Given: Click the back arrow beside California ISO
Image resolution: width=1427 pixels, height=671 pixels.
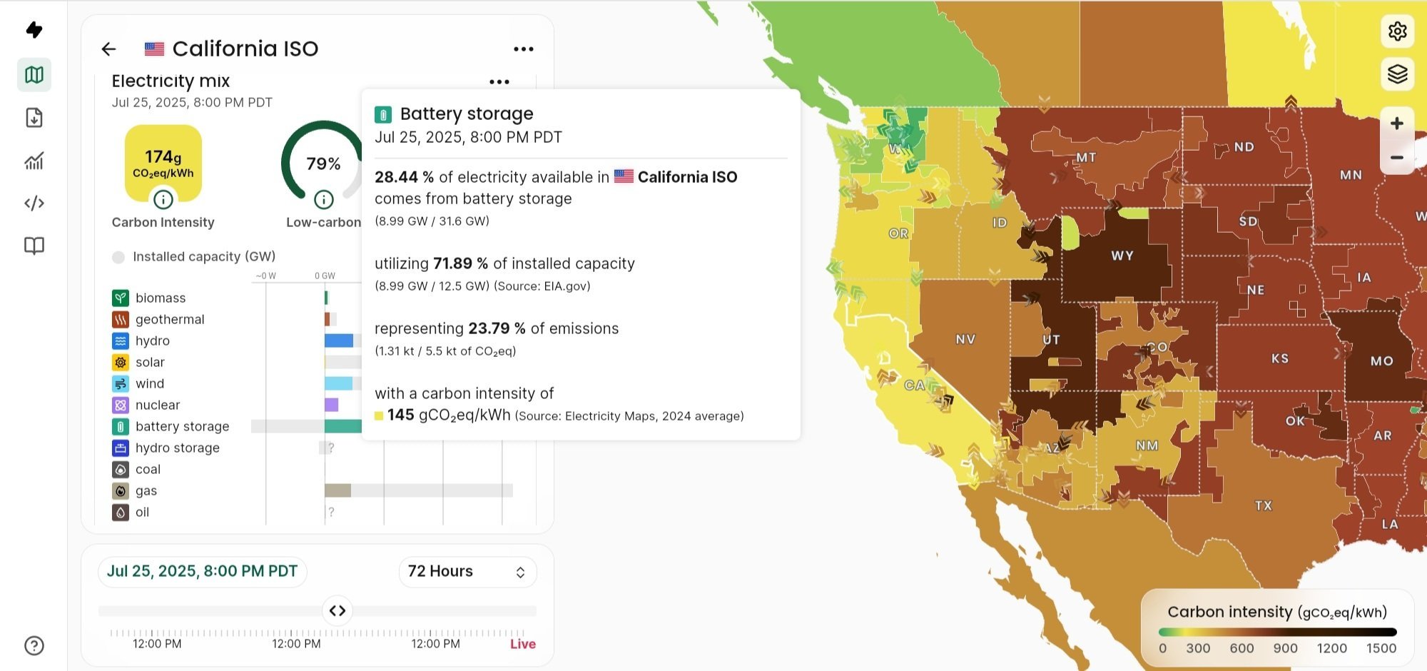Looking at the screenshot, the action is click(x=108, y=49).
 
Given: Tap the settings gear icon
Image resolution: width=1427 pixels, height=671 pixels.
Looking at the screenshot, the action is click(x=1397, y=31).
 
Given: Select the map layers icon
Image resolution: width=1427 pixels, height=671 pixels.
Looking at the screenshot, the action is click(x=1397, y=74).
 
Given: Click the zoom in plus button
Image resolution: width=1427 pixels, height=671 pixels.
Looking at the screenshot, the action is click(x=1397, y=123).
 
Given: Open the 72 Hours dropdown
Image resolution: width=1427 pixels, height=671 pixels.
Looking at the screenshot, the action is click(x=467, y=572).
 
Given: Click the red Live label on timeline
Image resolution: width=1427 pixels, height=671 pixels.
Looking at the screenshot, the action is click(x=523, y=644).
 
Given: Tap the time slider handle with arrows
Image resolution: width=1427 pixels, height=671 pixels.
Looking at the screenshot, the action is click(x=337, y=611).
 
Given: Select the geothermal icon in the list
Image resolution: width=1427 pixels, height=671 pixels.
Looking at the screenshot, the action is click(x=121, y=319).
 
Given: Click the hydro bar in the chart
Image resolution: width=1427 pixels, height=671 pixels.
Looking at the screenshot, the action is click(x=339, y=340).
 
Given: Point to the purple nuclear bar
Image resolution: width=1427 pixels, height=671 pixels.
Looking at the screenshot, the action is click(x=331, y=405).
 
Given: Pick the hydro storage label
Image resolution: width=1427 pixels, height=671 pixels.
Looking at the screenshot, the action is click(x=178, y=448).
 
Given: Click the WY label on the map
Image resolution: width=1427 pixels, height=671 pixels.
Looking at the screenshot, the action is click(x=1122, y=256).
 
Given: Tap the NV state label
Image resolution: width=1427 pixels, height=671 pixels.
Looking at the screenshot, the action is click(x=965, y=339).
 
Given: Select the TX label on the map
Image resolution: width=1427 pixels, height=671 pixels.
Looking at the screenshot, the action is click(x=1264, y=505).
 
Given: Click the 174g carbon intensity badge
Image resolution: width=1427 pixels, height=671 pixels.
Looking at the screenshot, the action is click(x=163, y=163).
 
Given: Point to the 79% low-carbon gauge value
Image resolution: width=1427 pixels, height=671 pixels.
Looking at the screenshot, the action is click(x=323, y=163).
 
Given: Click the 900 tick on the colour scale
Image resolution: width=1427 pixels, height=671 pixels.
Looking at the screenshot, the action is click(x=1285, y=648).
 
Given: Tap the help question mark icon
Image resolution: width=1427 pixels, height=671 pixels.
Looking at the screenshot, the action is click(x=34, y=645).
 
